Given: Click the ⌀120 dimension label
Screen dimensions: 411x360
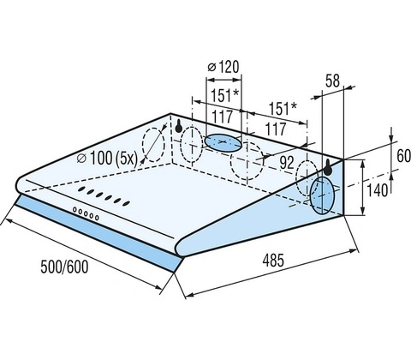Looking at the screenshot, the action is click(x=223, y=67).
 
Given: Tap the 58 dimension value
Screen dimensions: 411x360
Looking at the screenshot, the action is click(x=332, y=81).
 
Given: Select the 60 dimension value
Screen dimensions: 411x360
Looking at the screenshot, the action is click(x=403, y=156).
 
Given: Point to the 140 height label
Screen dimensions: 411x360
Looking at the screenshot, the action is click(x=378, y=190).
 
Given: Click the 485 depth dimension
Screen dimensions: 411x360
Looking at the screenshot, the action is click(x=273, y=261).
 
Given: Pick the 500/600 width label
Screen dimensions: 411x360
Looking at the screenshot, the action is click(x=64, y=267).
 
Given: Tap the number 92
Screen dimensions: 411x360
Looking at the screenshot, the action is click(x=287, y=163).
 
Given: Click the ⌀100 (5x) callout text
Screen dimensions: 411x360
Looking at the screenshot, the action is click(x=108, y=159).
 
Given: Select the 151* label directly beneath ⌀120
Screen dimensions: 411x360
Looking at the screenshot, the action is click(x=224, y=95).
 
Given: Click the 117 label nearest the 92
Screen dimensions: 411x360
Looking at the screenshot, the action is click(x=276, y=129).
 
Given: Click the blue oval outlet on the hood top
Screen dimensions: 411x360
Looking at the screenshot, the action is click(x=223, y=143).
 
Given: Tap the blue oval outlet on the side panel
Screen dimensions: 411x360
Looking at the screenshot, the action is click(x=322, y=196).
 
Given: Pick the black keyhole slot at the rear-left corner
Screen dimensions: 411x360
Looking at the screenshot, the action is click(x=179, y=126).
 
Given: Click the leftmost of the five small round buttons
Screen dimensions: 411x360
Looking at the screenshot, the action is click(x=75, y=210).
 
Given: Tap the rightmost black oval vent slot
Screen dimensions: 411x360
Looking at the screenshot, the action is click(x=126, y=203).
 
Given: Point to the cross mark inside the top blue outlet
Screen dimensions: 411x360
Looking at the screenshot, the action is click(x=223, y=142).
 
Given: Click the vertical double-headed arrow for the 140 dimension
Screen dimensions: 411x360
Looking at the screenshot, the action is click(x=362, y=188).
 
